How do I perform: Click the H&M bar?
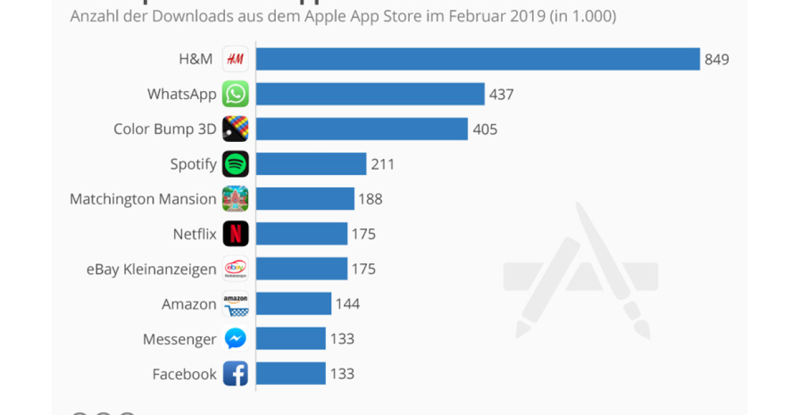tap(478, 59)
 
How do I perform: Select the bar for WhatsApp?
tap(370, 94)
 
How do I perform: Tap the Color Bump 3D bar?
tap(362, 129)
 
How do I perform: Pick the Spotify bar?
tap(311, 164)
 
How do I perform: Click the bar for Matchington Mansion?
tap(305, 199)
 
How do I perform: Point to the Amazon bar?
tap(294, 303)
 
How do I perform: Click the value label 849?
tap(717, 59)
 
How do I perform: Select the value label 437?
tap(502, 94)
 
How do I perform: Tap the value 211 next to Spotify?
tap(383, 164)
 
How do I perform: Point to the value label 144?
tap(348, 303)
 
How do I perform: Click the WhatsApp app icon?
tap(236, 94)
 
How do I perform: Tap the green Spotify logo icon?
tap(236, 164)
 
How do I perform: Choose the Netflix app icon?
tap(236, 234)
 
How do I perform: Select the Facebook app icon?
tap(236, 373)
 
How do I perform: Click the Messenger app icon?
tap(236, 338)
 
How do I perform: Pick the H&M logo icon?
tap(236, 59)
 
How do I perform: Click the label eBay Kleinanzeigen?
tap(151, 269)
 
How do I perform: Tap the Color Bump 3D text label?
tap(165, 129)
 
